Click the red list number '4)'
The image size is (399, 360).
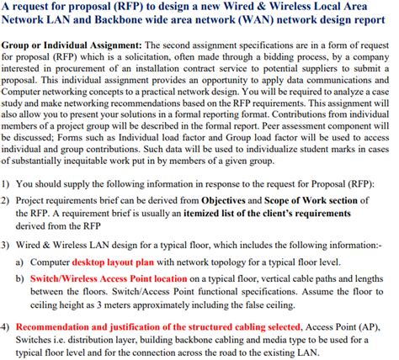8,326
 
